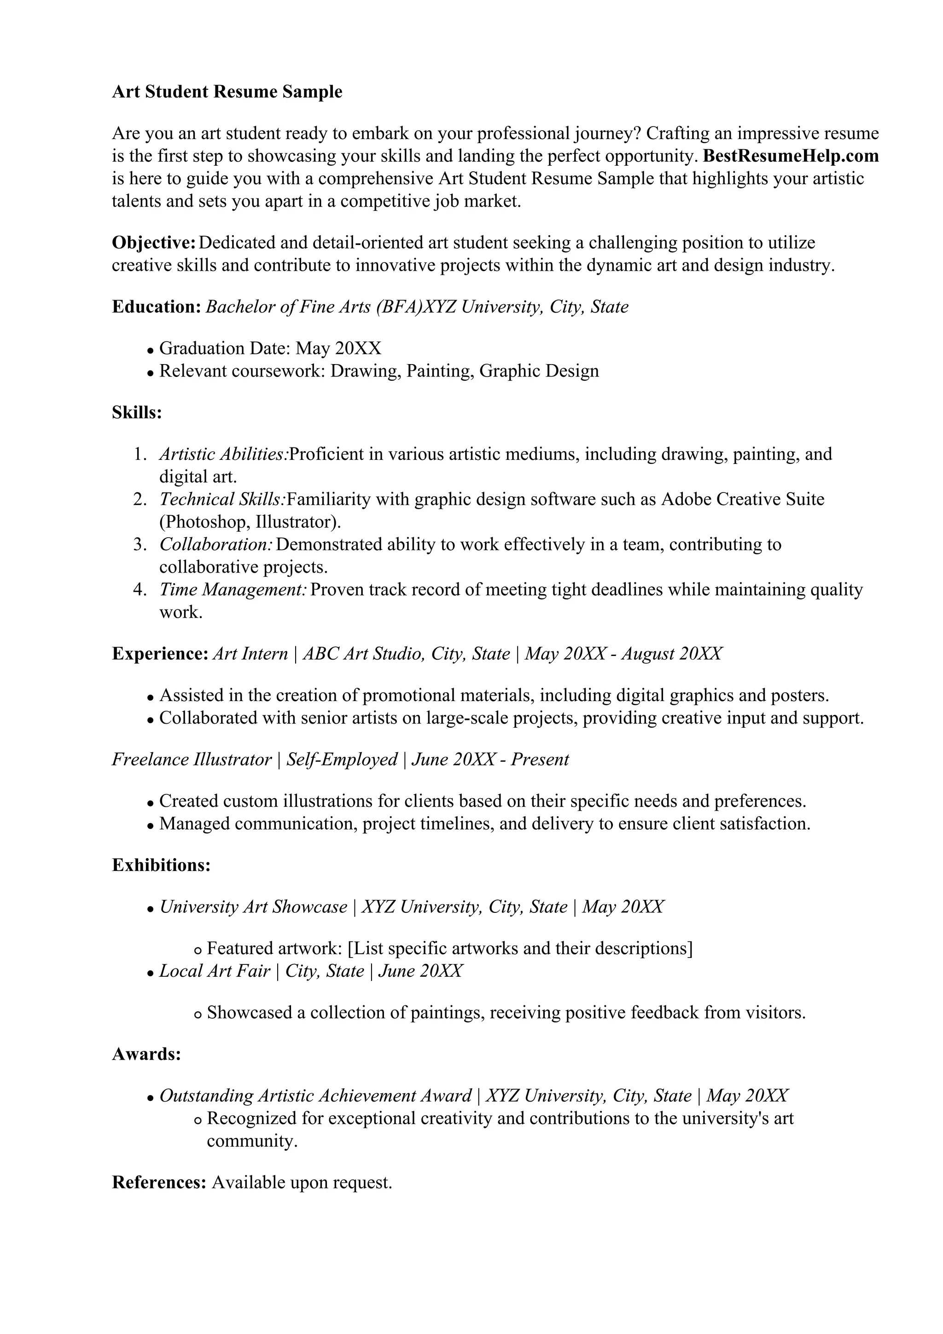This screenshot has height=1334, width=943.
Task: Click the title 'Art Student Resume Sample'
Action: (x=227, y=92)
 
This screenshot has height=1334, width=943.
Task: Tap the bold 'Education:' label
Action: (x=156, y=306)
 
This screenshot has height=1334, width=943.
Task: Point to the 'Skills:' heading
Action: (x=137, y=412)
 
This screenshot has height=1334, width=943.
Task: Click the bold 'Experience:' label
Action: (x=160, y=654)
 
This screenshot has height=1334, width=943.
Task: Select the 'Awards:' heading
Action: (x=146, y=1054)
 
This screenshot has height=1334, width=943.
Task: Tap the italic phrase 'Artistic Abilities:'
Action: (x=223, y=454)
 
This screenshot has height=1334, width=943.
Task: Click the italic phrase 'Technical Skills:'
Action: (x=222, y=499)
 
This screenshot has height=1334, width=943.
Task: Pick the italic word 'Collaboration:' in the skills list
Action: (x=216, y=545)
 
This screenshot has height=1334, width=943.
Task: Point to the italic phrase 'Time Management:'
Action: (x=233, y=590)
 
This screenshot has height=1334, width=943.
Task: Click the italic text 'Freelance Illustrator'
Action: (x=192, y=760)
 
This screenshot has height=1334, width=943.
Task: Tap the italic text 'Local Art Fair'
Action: (x=215, y=971)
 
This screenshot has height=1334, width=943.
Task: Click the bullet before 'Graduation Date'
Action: (x=150, y=350)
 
